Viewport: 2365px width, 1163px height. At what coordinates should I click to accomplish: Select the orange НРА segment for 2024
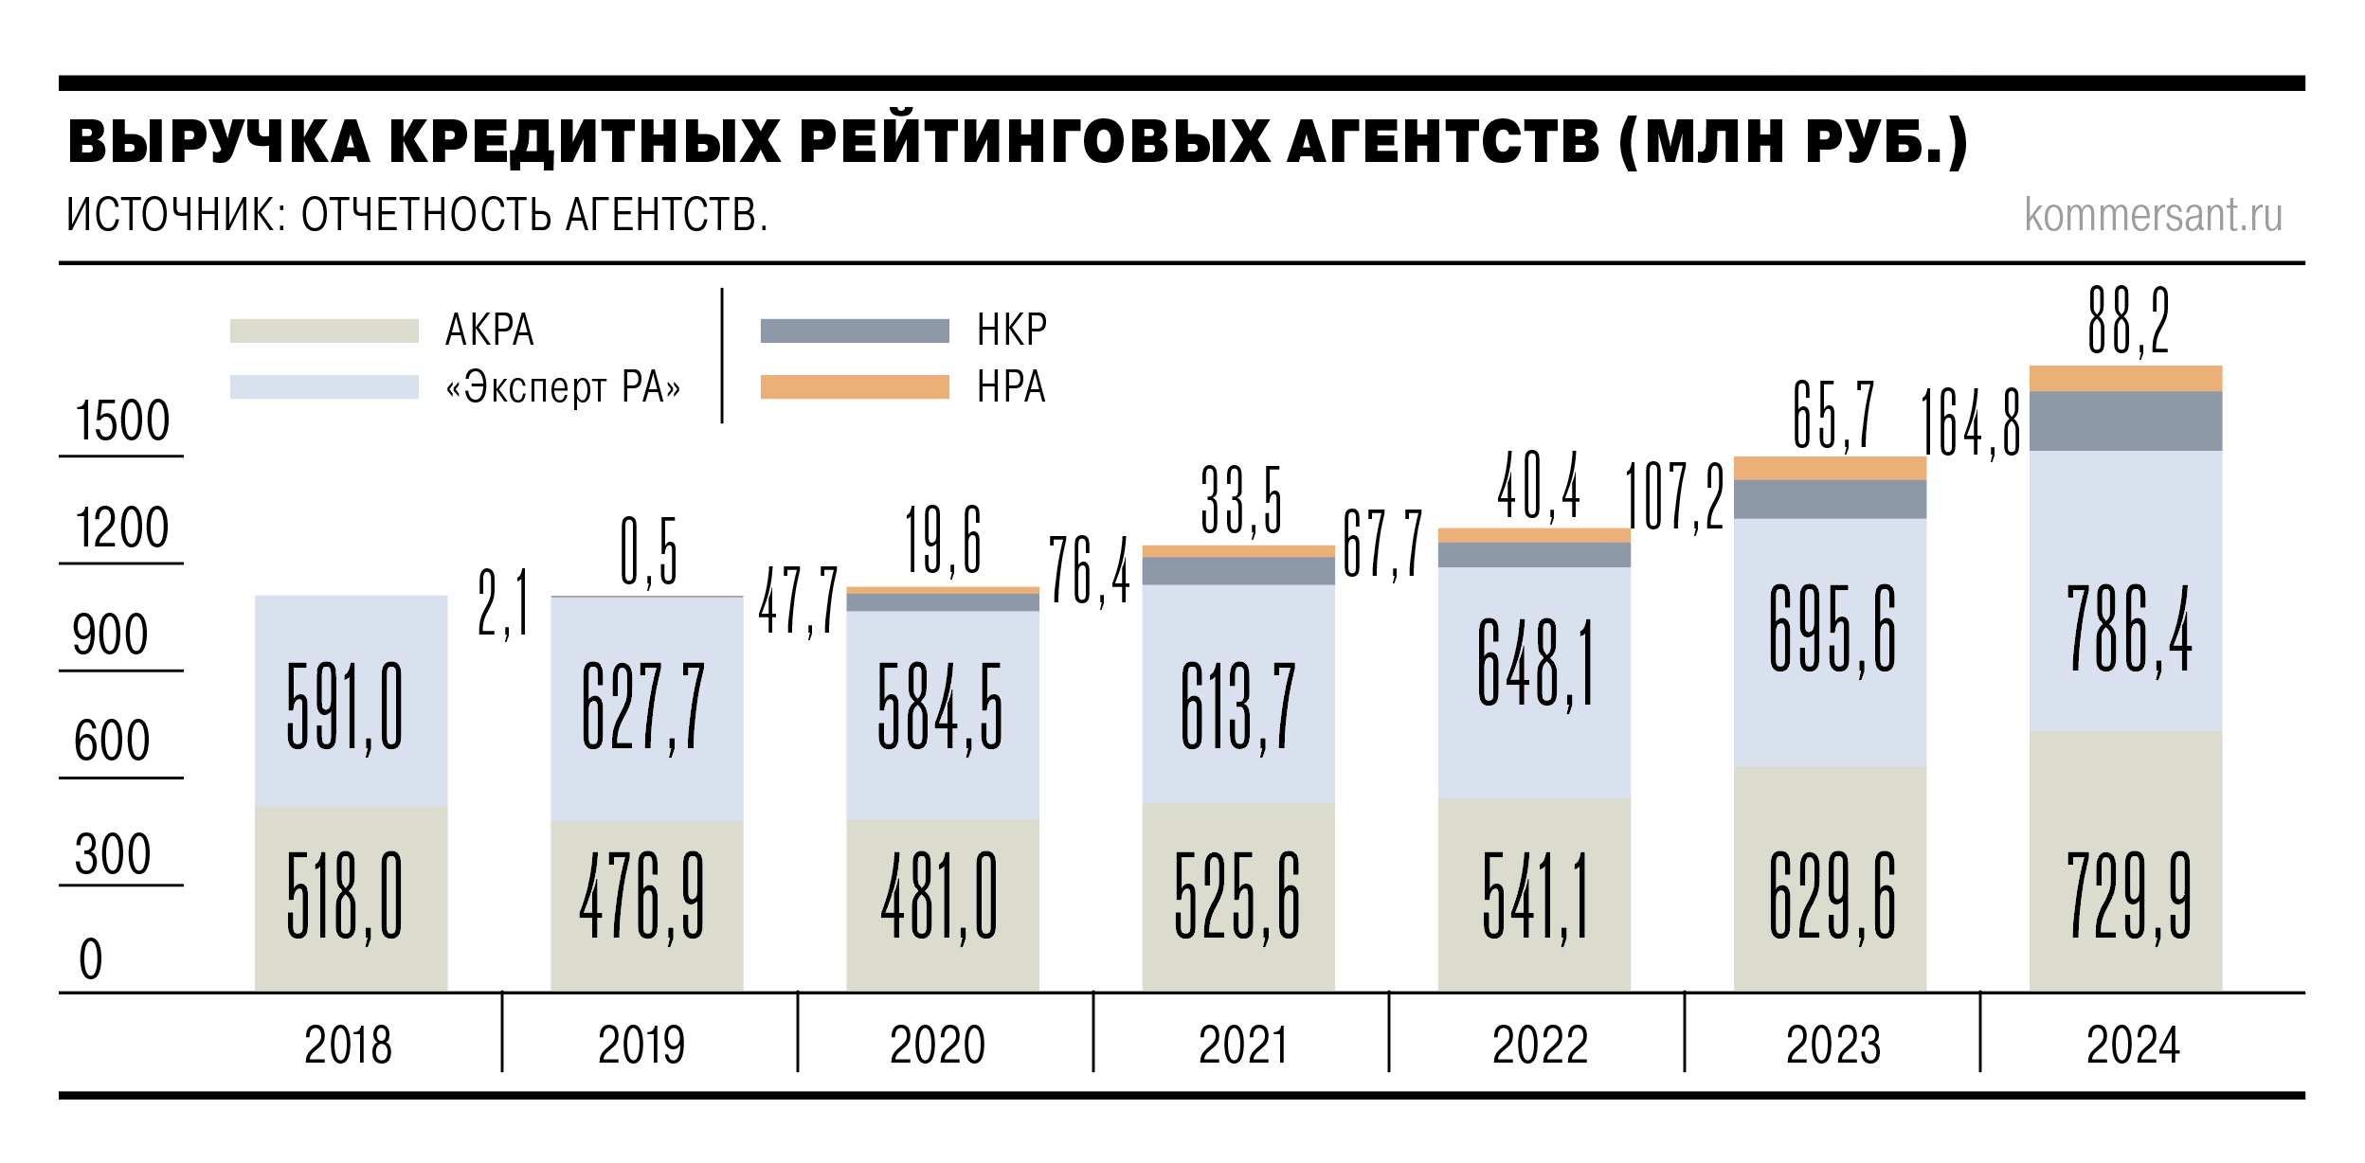pyautogui.click(x=2125, y=378)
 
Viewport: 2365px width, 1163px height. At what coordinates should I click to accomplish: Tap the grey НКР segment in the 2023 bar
pyautogui.click(x=1830, y=499)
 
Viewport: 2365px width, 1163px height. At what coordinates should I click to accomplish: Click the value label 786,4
pyautogui.click(x=2128, y=630)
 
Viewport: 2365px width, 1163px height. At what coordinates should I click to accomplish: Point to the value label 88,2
pyautogui.click(x=2128, y=321)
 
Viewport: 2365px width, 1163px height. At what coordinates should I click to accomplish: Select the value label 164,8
pyautogui.click(x=1970, y=425)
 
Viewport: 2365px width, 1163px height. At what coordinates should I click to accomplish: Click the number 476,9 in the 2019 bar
pyautogui.click(x=642, y=896)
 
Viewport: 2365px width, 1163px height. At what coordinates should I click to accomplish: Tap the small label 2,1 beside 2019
pyautogui.click(x=503, y=602)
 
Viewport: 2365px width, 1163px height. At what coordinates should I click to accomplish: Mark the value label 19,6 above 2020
pyautogui.click(x=943, y=541)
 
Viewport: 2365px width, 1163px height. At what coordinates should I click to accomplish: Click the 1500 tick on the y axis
pyautogui.click(x=122, y=421)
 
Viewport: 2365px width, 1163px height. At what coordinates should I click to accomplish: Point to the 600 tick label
pyautogui.click(x=112, y=741)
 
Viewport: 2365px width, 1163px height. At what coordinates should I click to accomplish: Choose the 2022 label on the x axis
pyautogui.click(x=1540, y=1046)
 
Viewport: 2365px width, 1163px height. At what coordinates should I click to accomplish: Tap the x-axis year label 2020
pyautogui.click(x=937, y=1046)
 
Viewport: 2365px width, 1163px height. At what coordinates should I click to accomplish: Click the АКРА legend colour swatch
pyautogui.click(x=324, y=331)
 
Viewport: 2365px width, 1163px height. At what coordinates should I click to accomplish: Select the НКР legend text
pyautogui.click(x=1012, y=331)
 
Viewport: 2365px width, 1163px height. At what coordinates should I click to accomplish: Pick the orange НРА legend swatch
pyautogui.click(x=854, y=387)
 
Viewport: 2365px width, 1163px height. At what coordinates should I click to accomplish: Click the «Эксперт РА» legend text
pyautogui.click(x=563, y=387)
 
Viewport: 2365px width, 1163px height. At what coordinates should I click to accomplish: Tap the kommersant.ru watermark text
pyautogui.click(x=2153, y=215)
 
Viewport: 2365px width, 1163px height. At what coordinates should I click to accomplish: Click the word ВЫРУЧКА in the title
pyautogui.click(x=218, y=143)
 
